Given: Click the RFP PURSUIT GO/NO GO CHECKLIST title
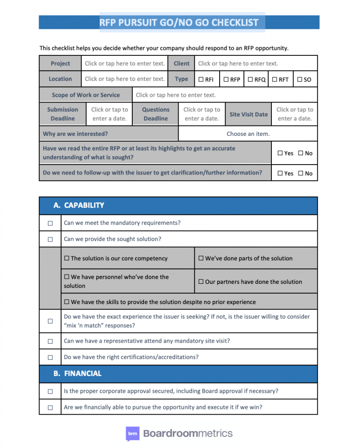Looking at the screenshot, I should click(x=179, y=22).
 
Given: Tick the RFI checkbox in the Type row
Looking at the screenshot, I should click(x=201, y=80).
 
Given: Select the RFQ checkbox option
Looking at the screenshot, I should click(x=250, y=80).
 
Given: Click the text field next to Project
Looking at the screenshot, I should click(x=125, y=63).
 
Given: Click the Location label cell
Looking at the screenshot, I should click(x=60, y=79).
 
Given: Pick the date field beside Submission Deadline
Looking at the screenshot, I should click(x=109, y=114).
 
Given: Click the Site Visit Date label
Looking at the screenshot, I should click(x=248, y=114).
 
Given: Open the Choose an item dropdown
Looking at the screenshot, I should click(x=248, y=134).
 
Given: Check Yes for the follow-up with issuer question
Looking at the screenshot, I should click(x=280, y=173).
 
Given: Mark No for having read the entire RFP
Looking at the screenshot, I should click(x=301, y=153).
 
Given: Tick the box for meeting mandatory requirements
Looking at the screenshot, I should click(x=50, y=223).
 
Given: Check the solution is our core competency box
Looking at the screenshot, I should click(x=67, y=258).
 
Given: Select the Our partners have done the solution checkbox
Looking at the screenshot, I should click(x=201, y=282).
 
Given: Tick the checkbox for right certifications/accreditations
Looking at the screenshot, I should click(x=50, y=358).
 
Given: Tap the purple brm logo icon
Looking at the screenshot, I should click(x=132, y=434).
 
